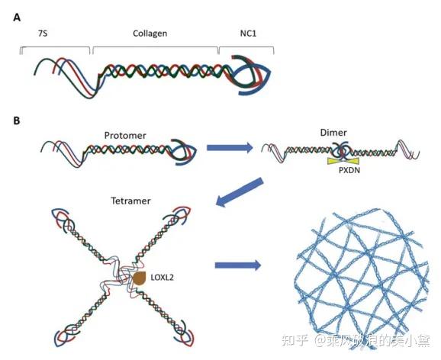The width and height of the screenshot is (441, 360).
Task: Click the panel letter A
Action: click(x=17, y=18)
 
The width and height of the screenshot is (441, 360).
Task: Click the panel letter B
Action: click(x=17, y=121)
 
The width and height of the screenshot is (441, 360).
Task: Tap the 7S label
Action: click(x=43, y=34)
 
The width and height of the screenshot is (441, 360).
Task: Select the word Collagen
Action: click(x=150, y=34)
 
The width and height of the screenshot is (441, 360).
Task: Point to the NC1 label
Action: click(x=248, y=34)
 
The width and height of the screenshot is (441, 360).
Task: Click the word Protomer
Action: click(x=125, y=136)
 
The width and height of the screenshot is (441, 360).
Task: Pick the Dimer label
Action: click(x=333, y=133)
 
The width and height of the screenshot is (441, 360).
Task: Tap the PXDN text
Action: click(x=349, y=170)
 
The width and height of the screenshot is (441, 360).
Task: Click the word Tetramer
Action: click(x=130, y=201)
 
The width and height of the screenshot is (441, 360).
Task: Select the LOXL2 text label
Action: click(x=162, y=278)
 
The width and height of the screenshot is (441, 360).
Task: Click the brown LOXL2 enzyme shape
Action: click(x=139, y=278)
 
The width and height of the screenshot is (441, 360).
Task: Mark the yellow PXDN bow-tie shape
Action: click(x=343, y=161)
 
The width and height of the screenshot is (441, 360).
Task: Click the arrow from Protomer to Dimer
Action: click(x=230, y=147)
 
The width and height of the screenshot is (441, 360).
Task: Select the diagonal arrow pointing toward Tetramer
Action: click(x=240, y=192)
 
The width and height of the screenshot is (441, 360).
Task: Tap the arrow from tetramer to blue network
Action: click(x=238, y=265)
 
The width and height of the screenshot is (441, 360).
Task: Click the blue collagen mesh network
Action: click(x=362, y=278)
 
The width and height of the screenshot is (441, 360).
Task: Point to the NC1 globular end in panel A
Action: click(x=250, y=75)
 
